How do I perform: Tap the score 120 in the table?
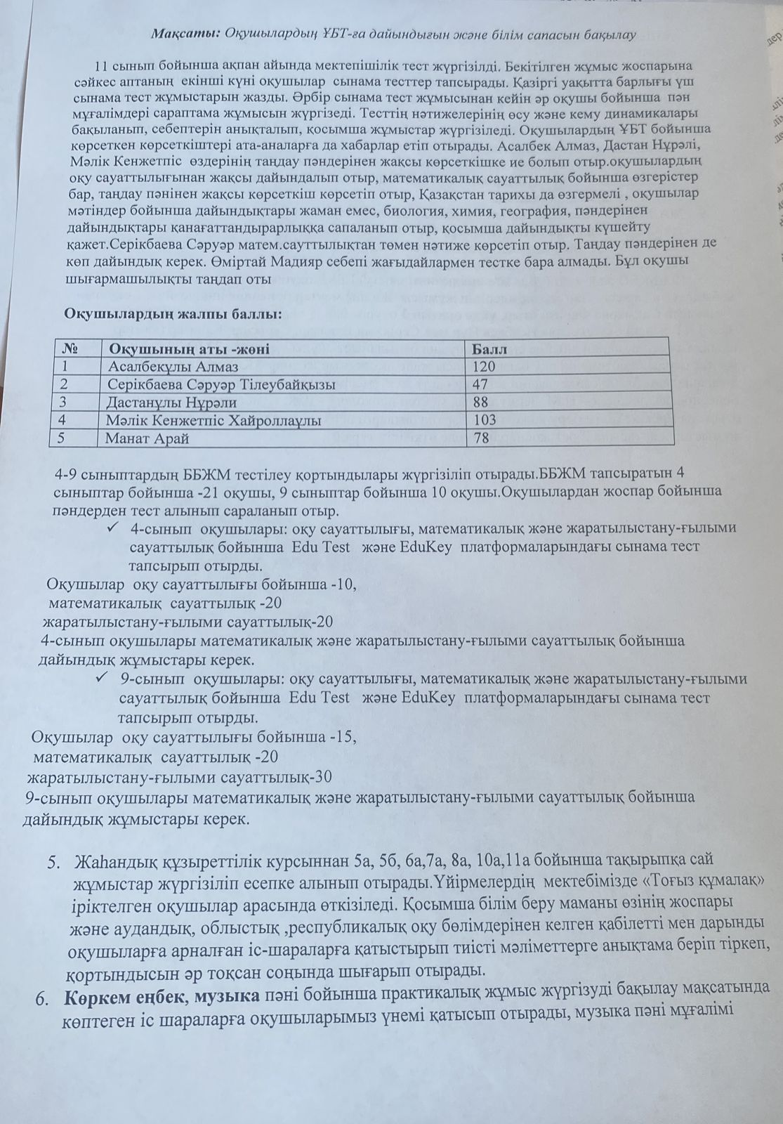tap(484, 366)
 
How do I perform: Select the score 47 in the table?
tap(480, 384)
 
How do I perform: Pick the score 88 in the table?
tap(480, 403)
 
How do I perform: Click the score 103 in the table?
tap(484, 420)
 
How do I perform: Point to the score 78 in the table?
tap(480, 438)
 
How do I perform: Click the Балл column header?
tap(489, 348)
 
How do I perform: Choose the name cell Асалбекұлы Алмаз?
tap(173, 366)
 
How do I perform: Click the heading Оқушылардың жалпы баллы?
tap(173, 313)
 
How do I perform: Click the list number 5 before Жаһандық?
tap(53, 862)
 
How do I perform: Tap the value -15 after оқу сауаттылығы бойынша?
tap(343, 738)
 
